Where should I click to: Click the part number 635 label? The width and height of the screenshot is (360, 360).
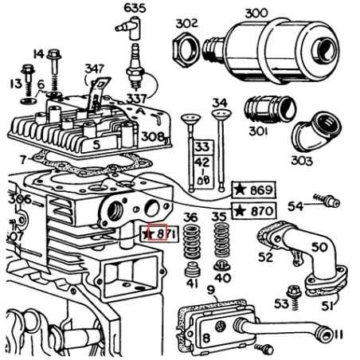(x=135, y=9)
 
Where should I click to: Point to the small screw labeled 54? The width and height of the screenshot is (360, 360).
(x=320, y=201)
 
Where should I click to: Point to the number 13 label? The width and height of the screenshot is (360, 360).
(x=13, y=83)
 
